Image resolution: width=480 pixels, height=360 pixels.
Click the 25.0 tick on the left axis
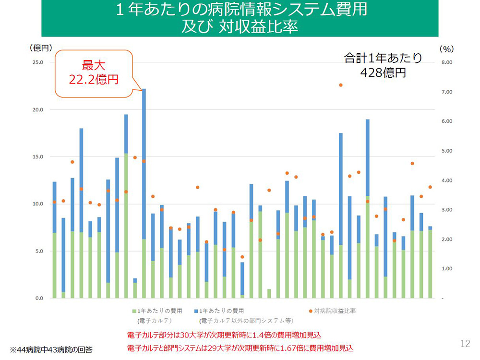[x=37, y=62]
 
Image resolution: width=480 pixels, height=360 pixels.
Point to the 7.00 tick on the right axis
[x=446, y=92]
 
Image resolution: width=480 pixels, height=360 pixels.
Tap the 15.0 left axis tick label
[x=37, y=157]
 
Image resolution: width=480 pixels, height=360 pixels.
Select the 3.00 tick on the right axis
[x=446, y=210]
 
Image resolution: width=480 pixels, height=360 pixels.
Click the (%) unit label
[x=446, y=48]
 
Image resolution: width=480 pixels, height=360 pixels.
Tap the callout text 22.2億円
[x=94, y=79]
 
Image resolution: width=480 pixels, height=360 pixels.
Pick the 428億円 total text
[x=383, y=72]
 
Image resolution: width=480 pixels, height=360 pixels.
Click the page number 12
[x=465, y=343]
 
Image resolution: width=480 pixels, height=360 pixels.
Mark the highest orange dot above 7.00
[x=341, y=85]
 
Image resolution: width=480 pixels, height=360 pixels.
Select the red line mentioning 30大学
[x=224, y=335]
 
